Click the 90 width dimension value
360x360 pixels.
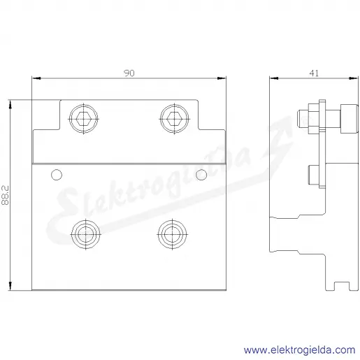coord(129,73)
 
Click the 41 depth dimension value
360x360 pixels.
coord(314,73)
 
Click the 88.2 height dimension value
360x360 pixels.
coord(5,195)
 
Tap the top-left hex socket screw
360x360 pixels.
coord(84,119)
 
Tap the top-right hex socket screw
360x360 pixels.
coord(174,119)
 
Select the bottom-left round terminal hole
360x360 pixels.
coord(86,234)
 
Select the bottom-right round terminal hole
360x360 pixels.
coord(172,234)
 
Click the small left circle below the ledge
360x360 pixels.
coord(57,175)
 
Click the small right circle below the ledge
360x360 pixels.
coord(201,175)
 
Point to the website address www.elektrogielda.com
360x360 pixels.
coord(299,350)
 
